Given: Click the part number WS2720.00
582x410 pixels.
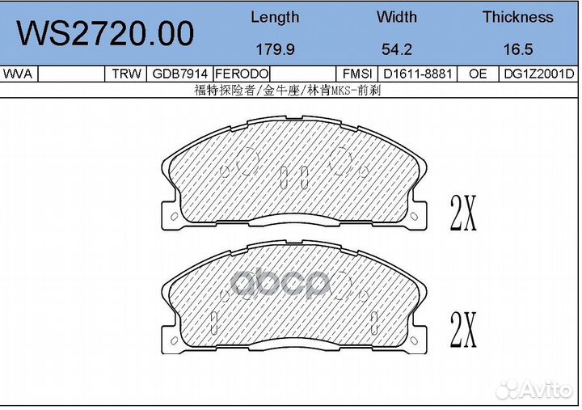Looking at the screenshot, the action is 105,33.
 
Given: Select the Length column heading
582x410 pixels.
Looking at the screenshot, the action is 275,18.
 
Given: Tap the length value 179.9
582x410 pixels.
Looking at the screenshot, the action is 276,49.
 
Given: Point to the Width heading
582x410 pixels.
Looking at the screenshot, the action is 397,17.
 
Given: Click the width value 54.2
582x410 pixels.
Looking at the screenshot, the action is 397,49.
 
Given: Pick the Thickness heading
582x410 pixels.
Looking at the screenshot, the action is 518,17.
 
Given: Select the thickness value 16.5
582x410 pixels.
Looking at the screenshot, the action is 518,49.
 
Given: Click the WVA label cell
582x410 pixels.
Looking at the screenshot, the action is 18,74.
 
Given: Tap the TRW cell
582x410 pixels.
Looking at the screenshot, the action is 127,74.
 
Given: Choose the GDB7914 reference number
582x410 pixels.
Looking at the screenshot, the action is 180,74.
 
